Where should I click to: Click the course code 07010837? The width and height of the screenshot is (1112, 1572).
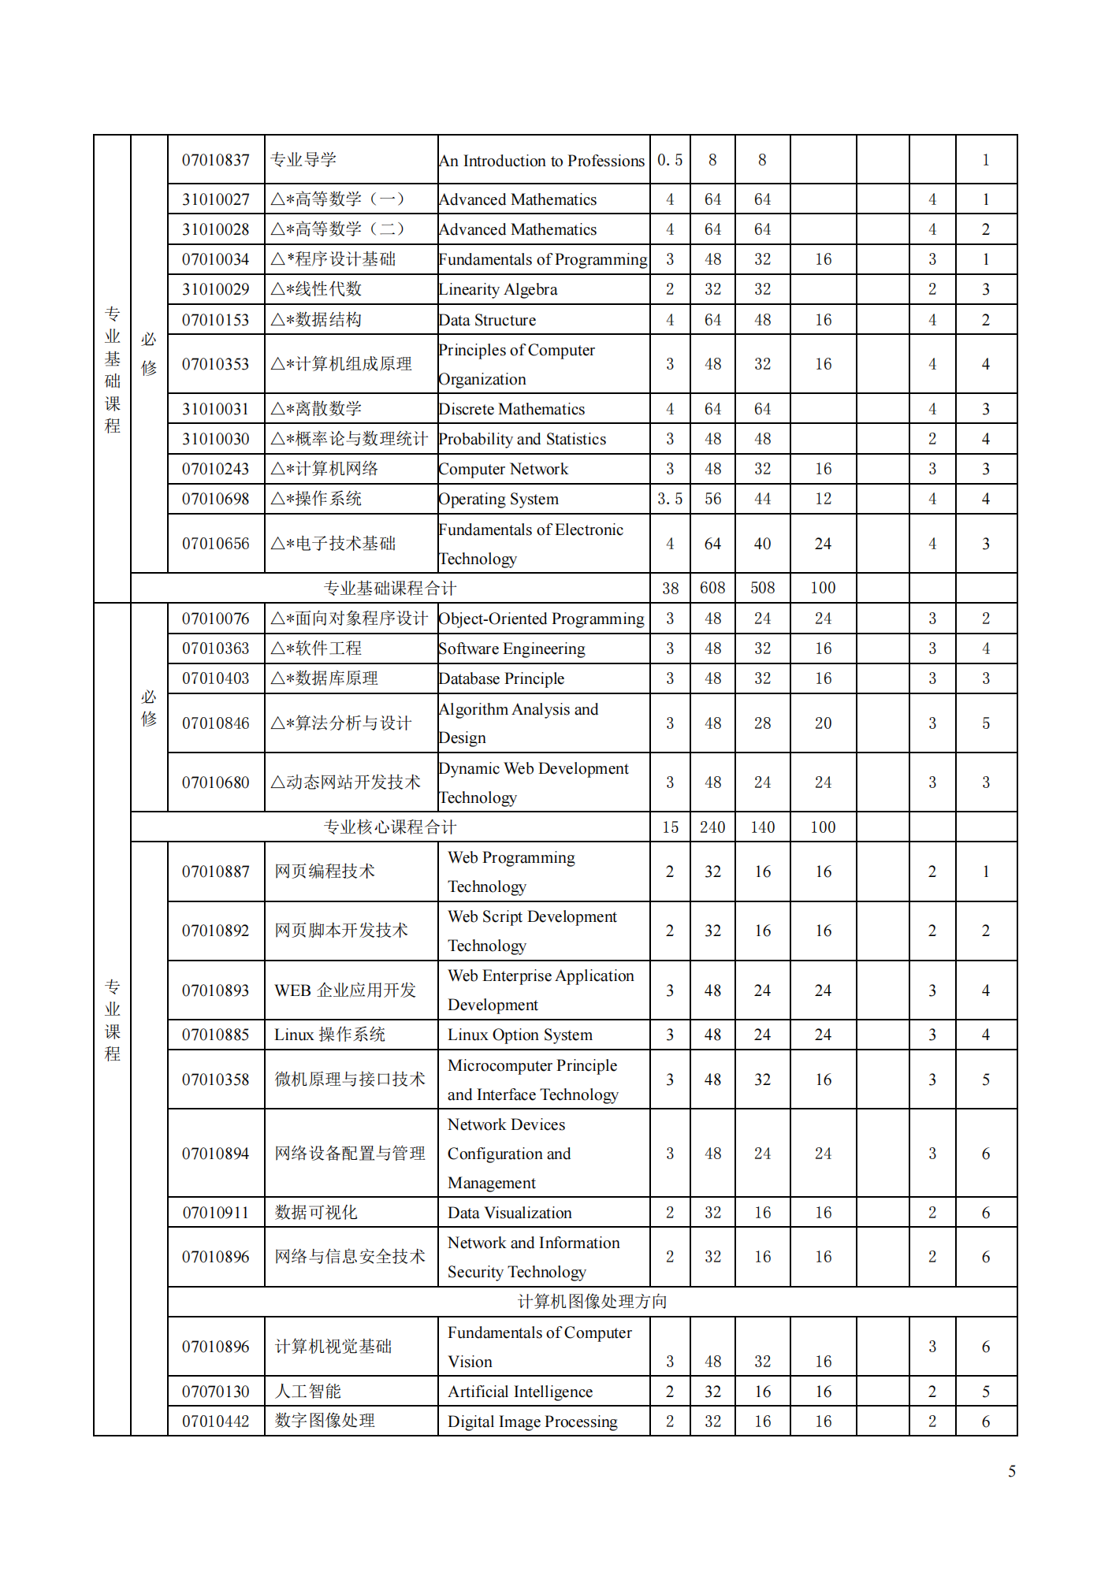coord(215,160)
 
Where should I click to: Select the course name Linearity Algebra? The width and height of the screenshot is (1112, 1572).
coord(498,289)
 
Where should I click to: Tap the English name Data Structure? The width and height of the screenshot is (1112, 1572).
coord(488,320)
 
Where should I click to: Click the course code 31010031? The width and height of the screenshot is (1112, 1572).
coord(215,409)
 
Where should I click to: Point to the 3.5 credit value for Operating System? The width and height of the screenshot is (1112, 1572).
coord(670,499)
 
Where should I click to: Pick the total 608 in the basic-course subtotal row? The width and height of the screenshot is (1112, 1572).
coord(712,588)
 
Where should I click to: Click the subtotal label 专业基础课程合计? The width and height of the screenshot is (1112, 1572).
coord(390,588)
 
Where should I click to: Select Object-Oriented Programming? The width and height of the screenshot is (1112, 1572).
coord(541,619)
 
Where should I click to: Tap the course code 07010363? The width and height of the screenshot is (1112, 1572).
coord(215,648)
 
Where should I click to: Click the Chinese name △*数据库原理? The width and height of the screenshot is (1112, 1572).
coord(325,678)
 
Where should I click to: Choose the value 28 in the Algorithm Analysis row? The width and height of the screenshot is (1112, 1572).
coord(762,723)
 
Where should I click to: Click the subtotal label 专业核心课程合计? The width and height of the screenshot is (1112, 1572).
coord(390,827)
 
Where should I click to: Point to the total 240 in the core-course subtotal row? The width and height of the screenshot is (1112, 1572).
coord(712,827)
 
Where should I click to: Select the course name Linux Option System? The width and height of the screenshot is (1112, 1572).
coord(520,1035)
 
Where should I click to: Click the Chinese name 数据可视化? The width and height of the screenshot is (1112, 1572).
coord(316,1213)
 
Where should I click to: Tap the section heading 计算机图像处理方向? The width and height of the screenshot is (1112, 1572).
coord(592,1302)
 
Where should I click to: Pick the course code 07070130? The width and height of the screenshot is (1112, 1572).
coord(215,1392)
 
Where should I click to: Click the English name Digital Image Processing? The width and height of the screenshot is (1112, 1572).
coord(533,1421)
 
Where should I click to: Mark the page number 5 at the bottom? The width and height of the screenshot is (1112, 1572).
coord(1012,1471)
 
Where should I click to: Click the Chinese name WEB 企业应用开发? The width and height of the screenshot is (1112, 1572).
coord(345,990)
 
